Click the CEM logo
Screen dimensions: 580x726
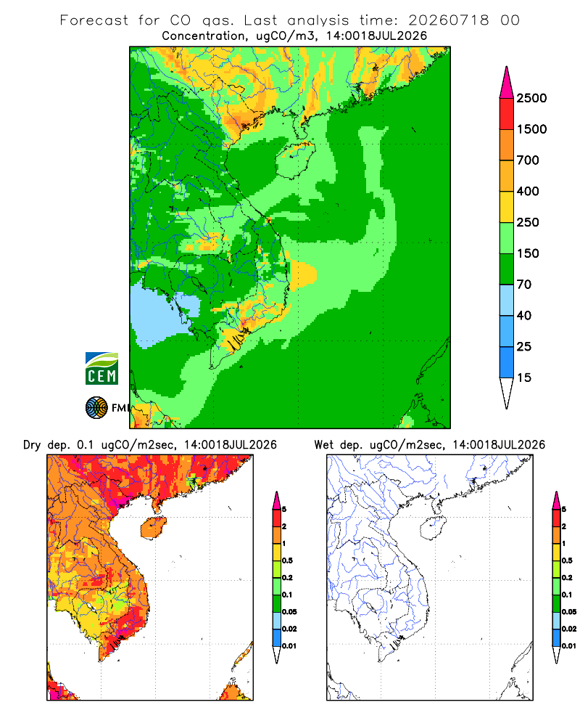click(101, 368)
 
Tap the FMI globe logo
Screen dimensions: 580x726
click(96, 408)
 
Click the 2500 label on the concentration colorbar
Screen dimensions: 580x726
click(531, 98)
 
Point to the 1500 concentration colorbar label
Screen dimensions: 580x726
click(531, 129)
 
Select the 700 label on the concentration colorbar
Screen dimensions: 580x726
click(528, 160)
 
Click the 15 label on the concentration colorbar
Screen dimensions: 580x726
click(524, 378)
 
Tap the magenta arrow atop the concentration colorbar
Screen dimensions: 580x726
click(507, 82)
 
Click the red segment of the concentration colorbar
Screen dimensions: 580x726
click(507, 113)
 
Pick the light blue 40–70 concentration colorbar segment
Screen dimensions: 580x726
click(507, 300)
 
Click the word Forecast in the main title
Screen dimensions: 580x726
click(94, 20)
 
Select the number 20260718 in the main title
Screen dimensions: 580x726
click(448, 20)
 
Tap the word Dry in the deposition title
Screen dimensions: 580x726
click(32, 445)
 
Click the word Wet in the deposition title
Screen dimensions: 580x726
click(323, 445)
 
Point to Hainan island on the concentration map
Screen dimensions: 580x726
click(295, 160)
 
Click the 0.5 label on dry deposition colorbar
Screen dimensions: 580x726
click(287, 560)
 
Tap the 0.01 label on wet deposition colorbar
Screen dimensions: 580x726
click(569, 646)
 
